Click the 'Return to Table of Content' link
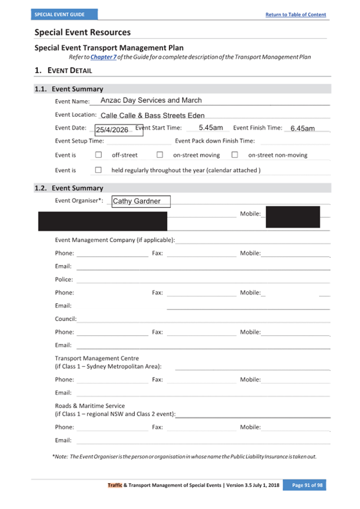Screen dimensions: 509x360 295,14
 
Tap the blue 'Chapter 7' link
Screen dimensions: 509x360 103,57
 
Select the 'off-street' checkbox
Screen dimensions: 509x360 98,155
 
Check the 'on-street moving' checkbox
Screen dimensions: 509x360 159,155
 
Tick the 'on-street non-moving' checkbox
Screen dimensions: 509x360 234,155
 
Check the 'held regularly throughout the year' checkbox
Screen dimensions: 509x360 98,170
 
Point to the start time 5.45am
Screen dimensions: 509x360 211,128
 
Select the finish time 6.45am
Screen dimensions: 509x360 302,129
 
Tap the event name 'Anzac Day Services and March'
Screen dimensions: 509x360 151,100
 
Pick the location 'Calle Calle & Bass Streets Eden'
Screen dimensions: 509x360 153,115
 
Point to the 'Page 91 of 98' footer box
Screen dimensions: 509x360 307,485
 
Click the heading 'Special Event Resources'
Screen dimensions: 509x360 83,33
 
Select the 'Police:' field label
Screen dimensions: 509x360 64,280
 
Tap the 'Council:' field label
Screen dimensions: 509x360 66,319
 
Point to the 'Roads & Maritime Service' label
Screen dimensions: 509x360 90,406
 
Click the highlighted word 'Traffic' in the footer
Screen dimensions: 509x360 115,485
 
